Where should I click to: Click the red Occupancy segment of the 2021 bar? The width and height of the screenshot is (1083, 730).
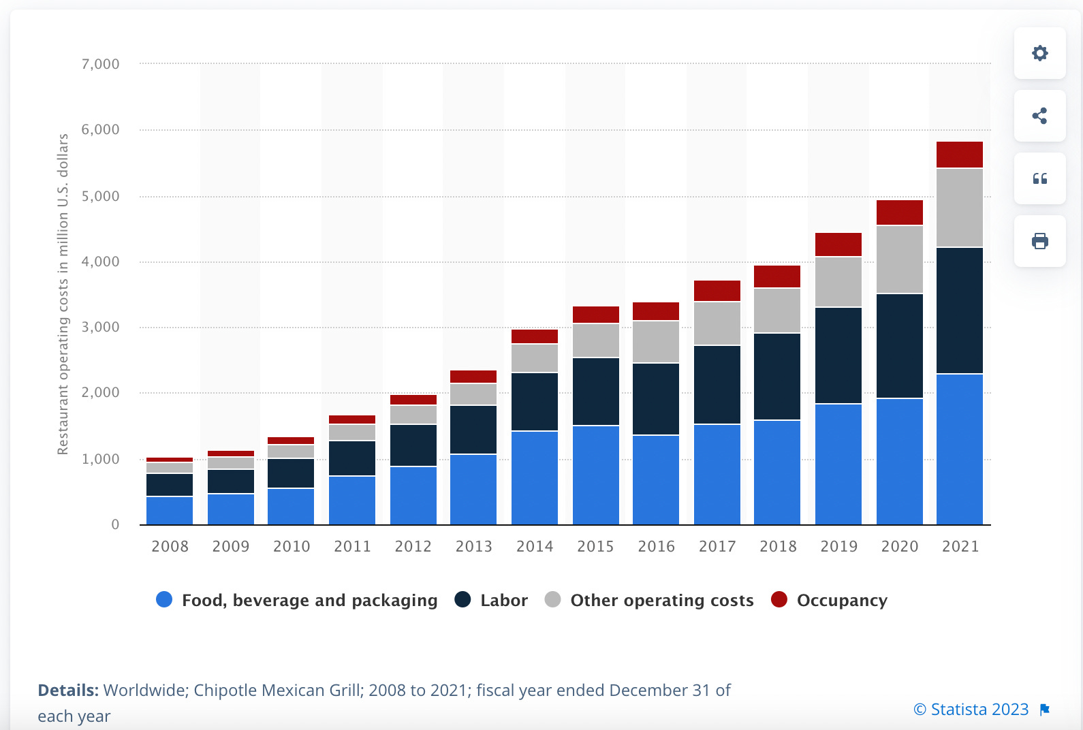[x=959, y=155]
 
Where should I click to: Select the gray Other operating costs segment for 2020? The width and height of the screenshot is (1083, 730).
[x=899, y=259]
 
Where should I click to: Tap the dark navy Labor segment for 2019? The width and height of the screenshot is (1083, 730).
[x=838, y=355]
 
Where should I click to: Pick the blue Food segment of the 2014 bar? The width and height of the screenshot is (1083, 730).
[x=534, y=478]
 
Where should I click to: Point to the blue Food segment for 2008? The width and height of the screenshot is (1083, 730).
[x=170, y=511]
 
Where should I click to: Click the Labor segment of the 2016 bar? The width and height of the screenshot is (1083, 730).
[x=656, y=399]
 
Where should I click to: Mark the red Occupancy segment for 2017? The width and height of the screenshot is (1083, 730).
[x=717, y=291]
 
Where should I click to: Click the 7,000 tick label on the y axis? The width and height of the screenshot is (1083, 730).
[x=100, y=64]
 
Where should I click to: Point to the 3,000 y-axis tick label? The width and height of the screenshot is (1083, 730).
[x=100, y=328]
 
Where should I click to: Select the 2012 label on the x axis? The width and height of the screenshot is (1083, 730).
[x=413, y=546]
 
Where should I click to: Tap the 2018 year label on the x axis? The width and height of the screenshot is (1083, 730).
[x=777, y=546]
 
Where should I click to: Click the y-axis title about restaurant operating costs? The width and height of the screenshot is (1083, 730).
[x=63, y=294]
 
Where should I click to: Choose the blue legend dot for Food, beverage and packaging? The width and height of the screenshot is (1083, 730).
[x=164, y=599]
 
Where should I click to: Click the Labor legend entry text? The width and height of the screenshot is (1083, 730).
[x=504, y=601]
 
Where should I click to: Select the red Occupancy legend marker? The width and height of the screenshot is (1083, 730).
[x=779, y=599]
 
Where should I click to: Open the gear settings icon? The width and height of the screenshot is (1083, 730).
[x=1039, y=53]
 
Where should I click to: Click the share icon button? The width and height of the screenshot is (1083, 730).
[x=1039, y=116]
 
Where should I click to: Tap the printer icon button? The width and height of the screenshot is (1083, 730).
[x=1039, y=241]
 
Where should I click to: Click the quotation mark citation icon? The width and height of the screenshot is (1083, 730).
[x=1039, y=179]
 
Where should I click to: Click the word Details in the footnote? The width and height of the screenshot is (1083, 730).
[x=68, y=690]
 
